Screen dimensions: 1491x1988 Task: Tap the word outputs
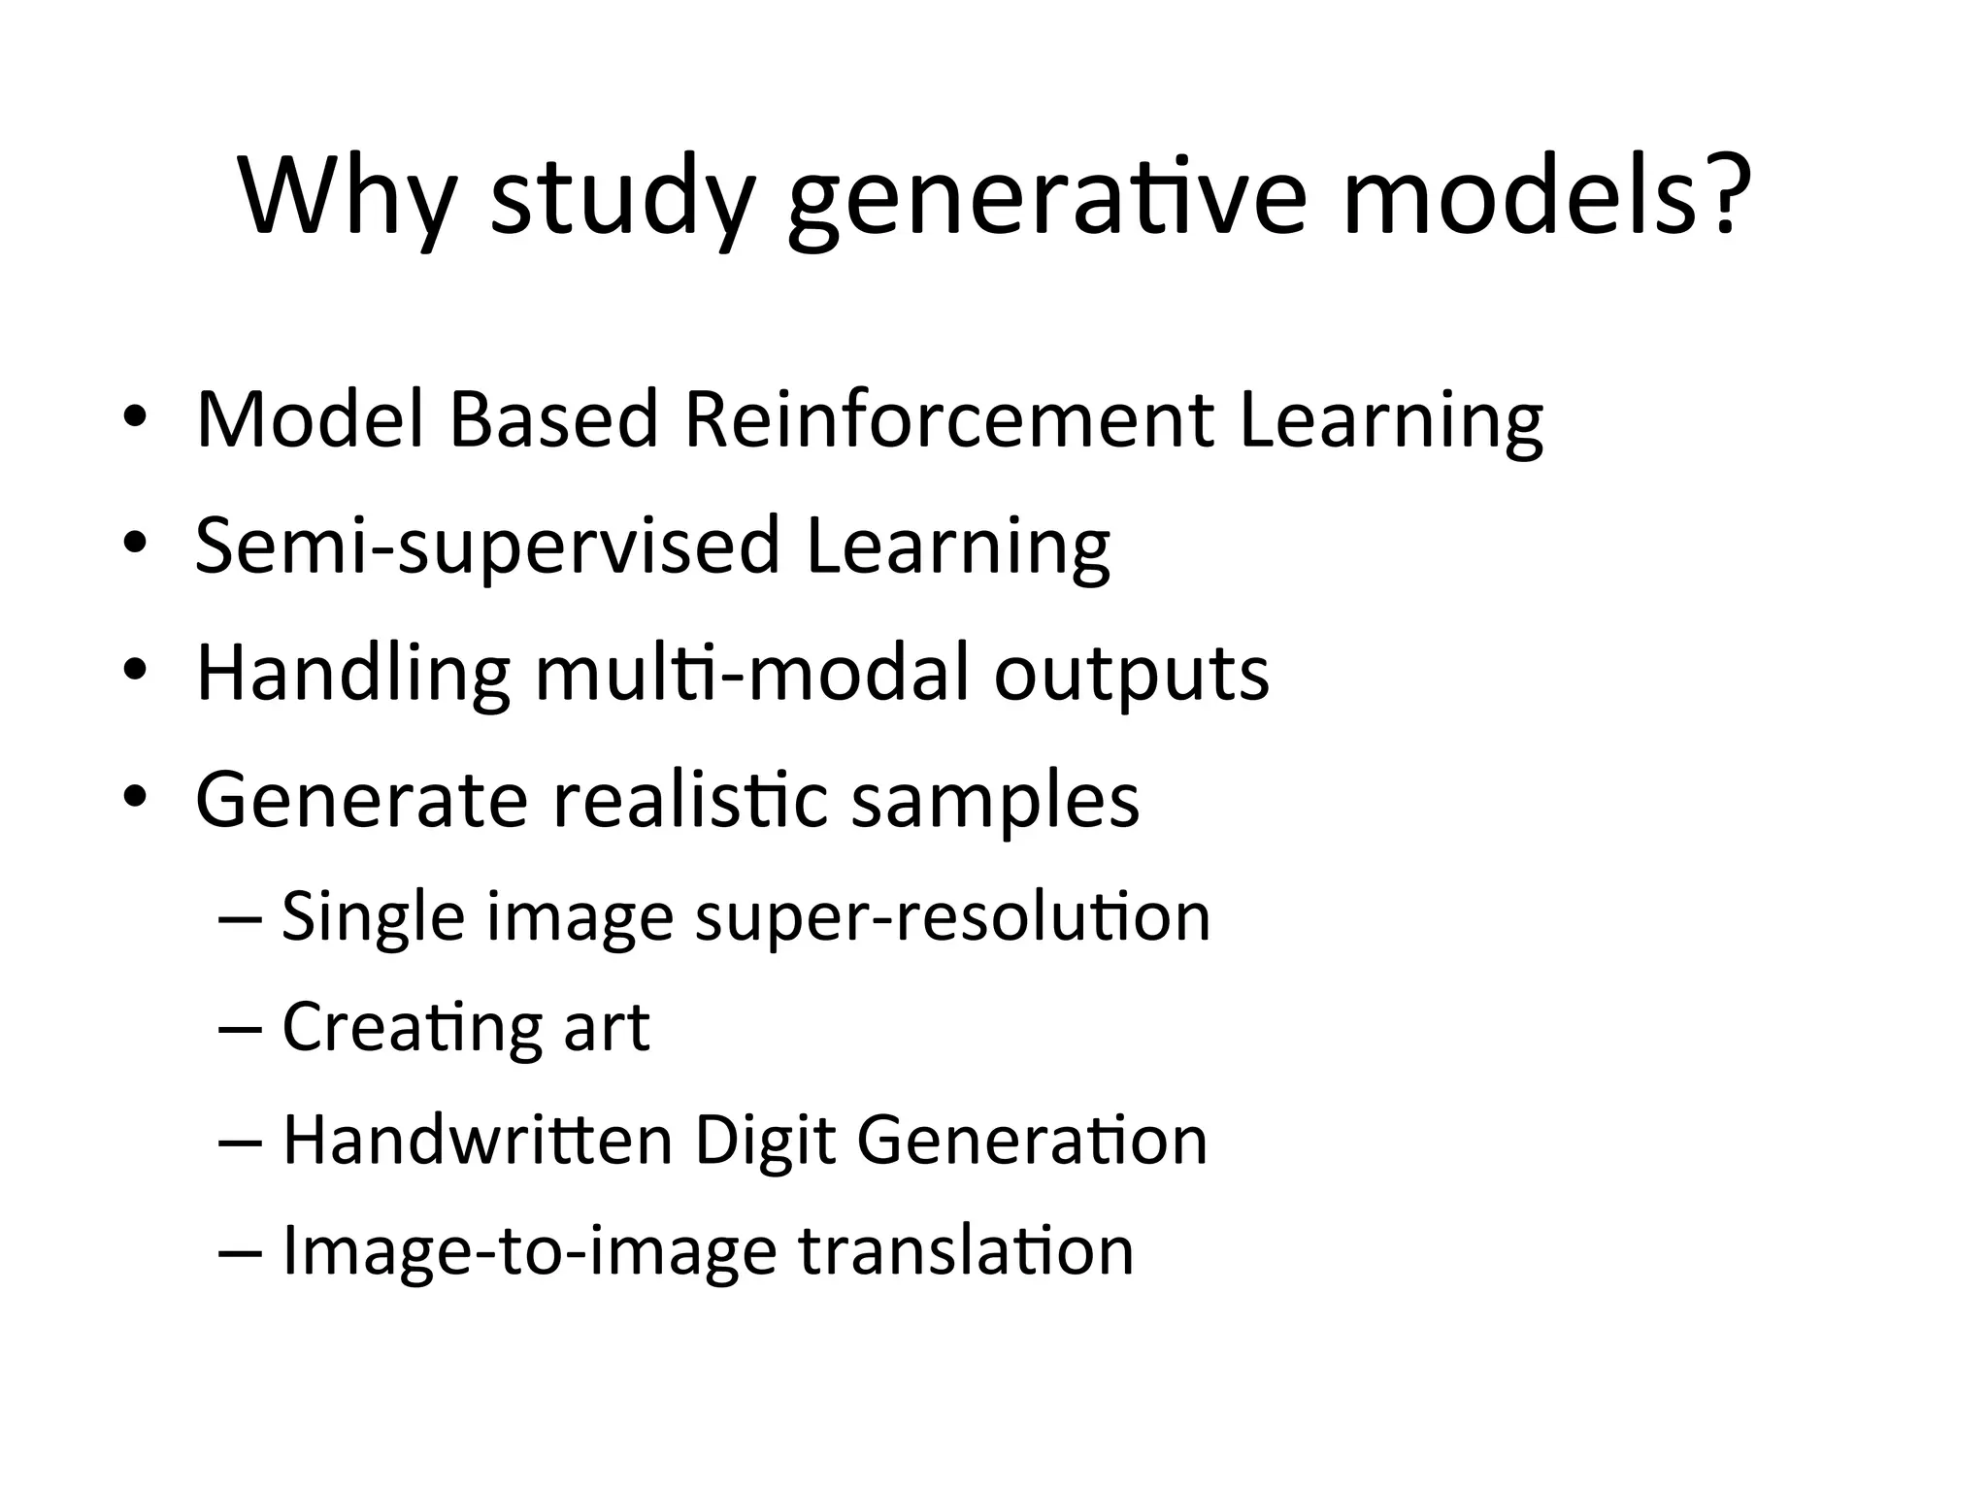[1132, 676]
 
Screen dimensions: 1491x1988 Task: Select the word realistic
[690, 800]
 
